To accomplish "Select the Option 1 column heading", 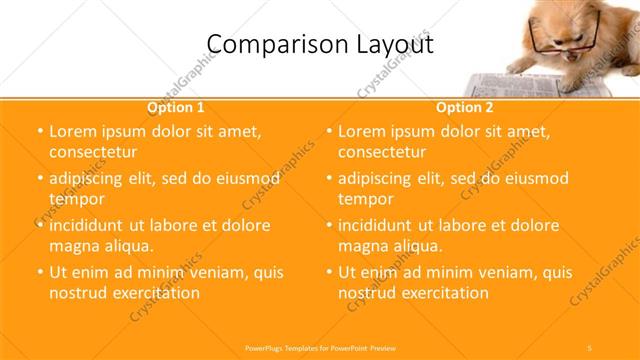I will [176, 107].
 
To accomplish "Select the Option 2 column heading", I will [464, 107].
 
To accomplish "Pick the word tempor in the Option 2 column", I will [367, 198].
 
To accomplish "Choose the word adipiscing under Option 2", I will [381, 178].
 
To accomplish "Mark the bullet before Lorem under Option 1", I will [39, 131].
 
